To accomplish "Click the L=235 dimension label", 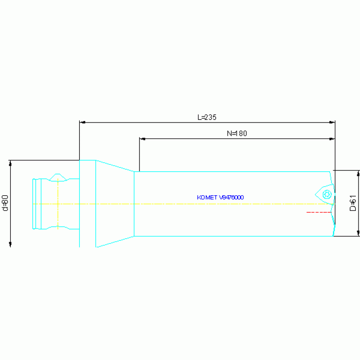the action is pyautogui.click(x=207, y=117).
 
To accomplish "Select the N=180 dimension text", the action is pyautogui.click(x=237, y=133).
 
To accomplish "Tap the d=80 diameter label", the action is pyautogui.click(x=5, y=203).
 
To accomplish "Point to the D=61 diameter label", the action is pyautogui.click(x=352, y=203).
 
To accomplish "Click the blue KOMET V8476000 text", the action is pyautogui.click(x=221, y=198).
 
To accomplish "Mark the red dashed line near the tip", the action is pyautogui.click(x=319, y=212).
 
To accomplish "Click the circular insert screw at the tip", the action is pyautogui.click(x=327, y=195).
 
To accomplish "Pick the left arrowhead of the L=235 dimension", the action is pyautogui.click(x=83, y=123).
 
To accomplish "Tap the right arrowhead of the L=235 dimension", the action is pyautogui.click(x=332, y=123).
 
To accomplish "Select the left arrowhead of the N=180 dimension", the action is pyautogui.click(x=143, y=138).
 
